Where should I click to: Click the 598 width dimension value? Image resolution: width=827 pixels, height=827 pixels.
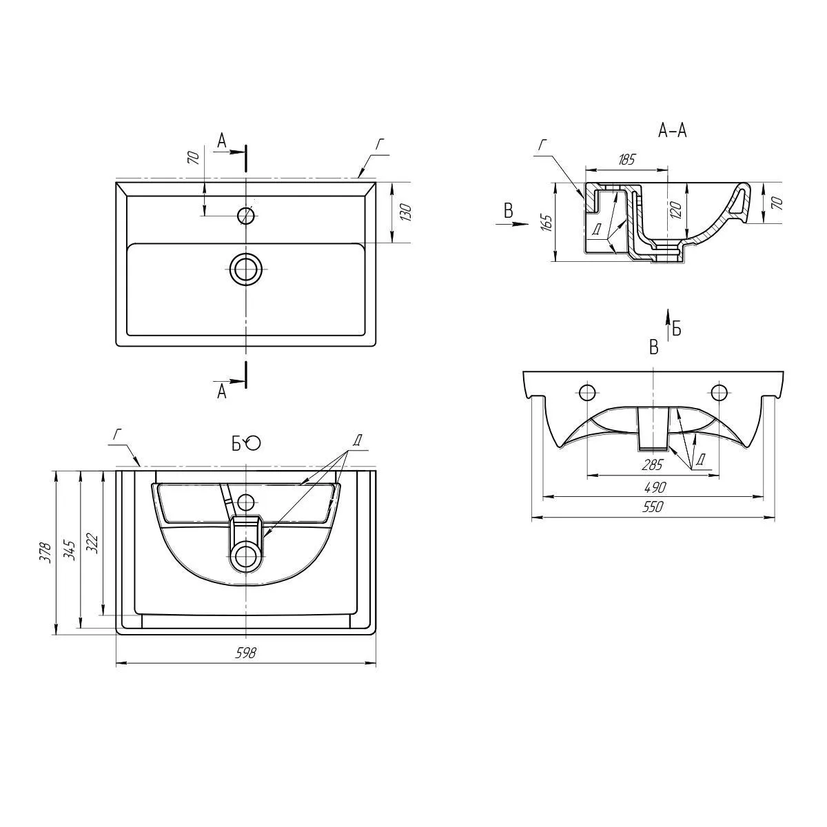tap(246, 653)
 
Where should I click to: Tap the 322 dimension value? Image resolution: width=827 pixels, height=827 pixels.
tap(95, 544)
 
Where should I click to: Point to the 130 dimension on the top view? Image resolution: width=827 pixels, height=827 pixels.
tap(406, 212)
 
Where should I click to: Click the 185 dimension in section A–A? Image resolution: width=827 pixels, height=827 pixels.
tap(626, 160)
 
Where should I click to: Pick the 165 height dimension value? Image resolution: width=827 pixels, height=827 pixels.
tap(547, 222)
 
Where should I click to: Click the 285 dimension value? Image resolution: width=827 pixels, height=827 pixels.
tap(652, 464)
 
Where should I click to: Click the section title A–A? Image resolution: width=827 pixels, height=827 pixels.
tap(673, 130)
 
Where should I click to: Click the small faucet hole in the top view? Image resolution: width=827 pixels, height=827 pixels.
tap(246, 216)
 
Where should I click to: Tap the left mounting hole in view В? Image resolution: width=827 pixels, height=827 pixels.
tap(587, 393)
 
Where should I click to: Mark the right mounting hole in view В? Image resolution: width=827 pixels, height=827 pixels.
tap(719, 393)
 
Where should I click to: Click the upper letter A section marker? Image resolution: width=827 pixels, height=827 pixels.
tap(222, 141)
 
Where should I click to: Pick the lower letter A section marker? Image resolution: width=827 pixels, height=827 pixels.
tap(222, 391)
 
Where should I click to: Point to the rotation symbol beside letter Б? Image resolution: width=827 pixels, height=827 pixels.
tap(254, 443)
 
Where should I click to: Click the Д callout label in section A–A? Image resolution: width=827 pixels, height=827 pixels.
tap(596, 229)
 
